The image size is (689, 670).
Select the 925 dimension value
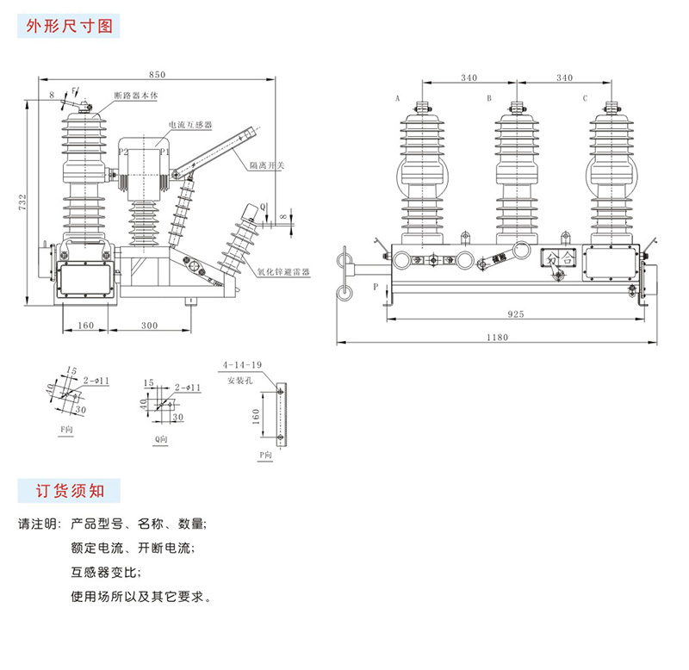tap(516, 316)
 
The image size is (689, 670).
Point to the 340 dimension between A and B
tap(469, 78)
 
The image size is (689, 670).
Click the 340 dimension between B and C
tap(564, 78)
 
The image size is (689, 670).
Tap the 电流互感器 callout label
tap(191, 124)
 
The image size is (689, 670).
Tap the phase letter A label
tap(398, 99)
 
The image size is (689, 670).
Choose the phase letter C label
tap(585, 99)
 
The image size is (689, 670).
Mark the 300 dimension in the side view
tap(150, 326)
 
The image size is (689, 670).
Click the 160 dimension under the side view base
tap(85, 326)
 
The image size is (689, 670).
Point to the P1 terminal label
tap(164, 152)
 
